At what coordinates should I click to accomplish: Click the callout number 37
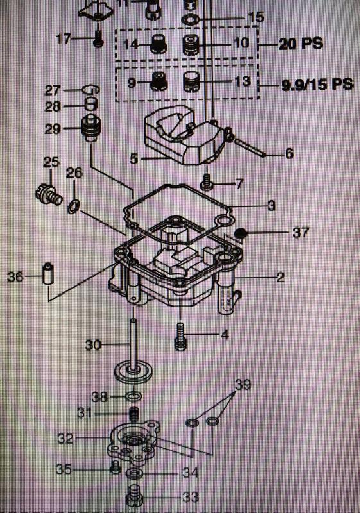click(x=300, y=233)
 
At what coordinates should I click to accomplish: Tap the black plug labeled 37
click(x=241, y=233)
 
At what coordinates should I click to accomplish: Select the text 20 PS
click(x=301, y=44)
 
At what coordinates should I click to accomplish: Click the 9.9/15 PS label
click(x=318, y=85)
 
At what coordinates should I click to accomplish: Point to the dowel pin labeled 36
click(x=48, y=274)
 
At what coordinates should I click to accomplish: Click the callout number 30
click(x=93, y=344)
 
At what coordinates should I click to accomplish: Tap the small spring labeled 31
click(x=133, y=414)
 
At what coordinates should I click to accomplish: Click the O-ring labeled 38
click(x=134, y=396)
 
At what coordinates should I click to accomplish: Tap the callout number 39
click(x=243, y=384)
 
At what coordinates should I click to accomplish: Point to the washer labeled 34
click(x=134, y=473)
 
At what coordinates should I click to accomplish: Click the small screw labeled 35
click(x=114, y=469)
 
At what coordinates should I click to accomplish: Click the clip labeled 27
click(x=90, y=89)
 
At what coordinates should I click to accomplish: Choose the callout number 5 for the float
click(x=134, y=159)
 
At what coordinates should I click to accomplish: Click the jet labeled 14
click(x=159, y=44)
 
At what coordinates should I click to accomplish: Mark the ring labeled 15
click(x=191, y=20)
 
